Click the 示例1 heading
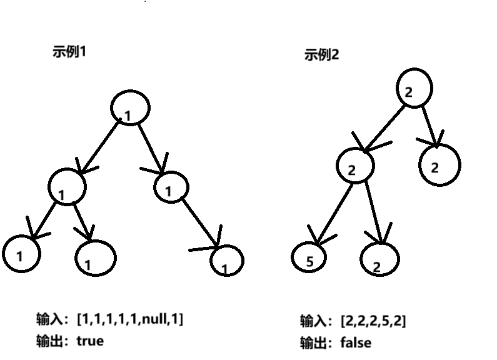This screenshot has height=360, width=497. [69, 52]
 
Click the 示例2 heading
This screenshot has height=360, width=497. [321, 55]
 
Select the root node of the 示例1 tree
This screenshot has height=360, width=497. [130, 108]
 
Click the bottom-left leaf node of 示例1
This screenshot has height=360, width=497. [21, 253]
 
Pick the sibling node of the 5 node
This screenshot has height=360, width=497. [379, 258]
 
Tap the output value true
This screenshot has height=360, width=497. [90, 341]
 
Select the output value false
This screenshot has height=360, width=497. [356, 342]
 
